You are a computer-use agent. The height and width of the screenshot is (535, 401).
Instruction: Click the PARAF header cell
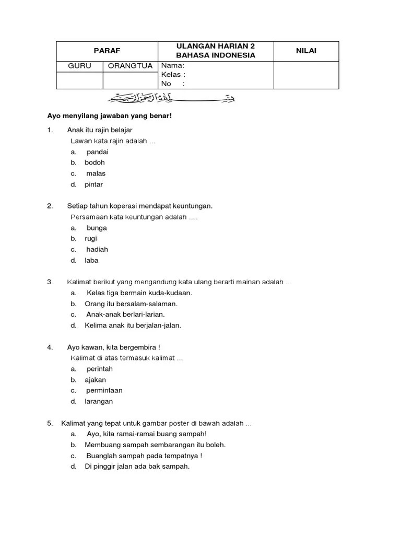[107, 51]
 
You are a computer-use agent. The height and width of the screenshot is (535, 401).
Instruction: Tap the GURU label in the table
[79, 66]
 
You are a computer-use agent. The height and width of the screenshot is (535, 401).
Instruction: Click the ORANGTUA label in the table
[131, 66]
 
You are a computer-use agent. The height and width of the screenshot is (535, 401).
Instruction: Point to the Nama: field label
[172, 66]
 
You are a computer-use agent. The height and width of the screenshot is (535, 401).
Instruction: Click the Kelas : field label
[173, 75]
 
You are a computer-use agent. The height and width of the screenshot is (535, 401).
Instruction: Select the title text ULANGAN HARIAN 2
[215, 46]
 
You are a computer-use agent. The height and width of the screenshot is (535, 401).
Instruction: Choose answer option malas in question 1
[96, 173]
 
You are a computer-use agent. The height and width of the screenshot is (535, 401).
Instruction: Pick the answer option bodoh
[95, 162]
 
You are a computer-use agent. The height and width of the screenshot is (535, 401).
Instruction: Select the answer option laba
[91, 260]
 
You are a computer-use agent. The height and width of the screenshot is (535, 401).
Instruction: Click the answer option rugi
[91, 239]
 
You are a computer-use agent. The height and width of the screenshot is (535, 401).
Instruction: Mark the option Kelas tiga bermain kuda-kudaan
[139, 293]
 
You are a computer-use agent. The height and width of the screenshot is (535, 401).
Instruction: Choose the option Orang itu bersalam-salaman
[131, 304]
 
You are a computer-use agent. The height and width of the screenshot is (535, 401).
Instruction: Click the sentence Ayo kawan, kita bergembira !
[113, 347]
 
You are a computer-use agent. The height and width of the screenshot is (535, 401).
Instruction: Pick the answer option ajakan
[95, 380]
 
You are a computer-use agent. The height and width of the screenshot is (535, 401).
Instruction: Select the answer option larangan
[99, 401]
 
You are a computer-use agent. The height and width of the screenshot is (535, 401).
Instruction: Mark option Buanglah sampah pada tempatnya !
[145, 456]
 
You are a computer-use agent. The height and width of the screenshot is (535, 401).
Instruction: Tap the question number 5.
[50, 423]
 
